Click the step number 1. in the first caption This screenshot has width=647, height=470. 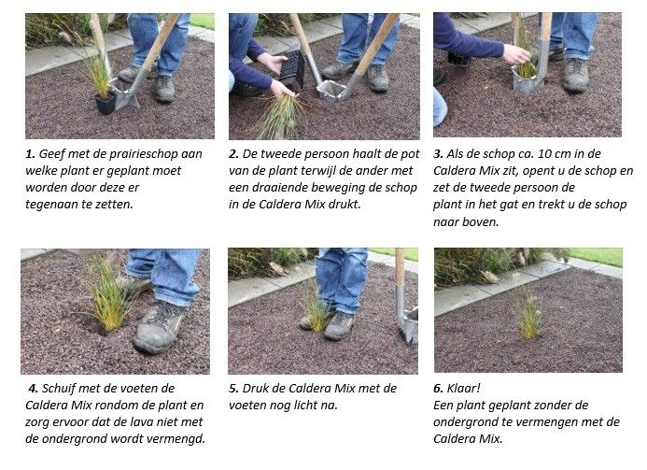[30, 154]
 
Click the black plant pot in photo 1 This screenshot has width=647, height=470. [105, 104]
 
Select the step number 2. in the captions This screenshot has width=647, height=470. [234, 154]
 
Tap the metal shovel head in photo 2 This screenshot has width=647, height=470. [331, 90]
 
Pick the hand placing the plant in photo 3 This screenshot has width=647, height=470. [517, 54]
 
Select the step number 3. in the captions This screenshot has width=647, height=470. [438, 154]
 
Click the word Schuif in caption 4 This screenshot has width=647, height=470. [58, 389]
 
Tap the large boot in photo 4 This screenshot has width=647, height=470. [159, 327]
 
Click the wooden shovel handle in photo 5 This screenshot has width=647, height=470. [400, 267]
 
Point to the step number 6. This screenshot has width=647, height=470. [438, 389]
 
